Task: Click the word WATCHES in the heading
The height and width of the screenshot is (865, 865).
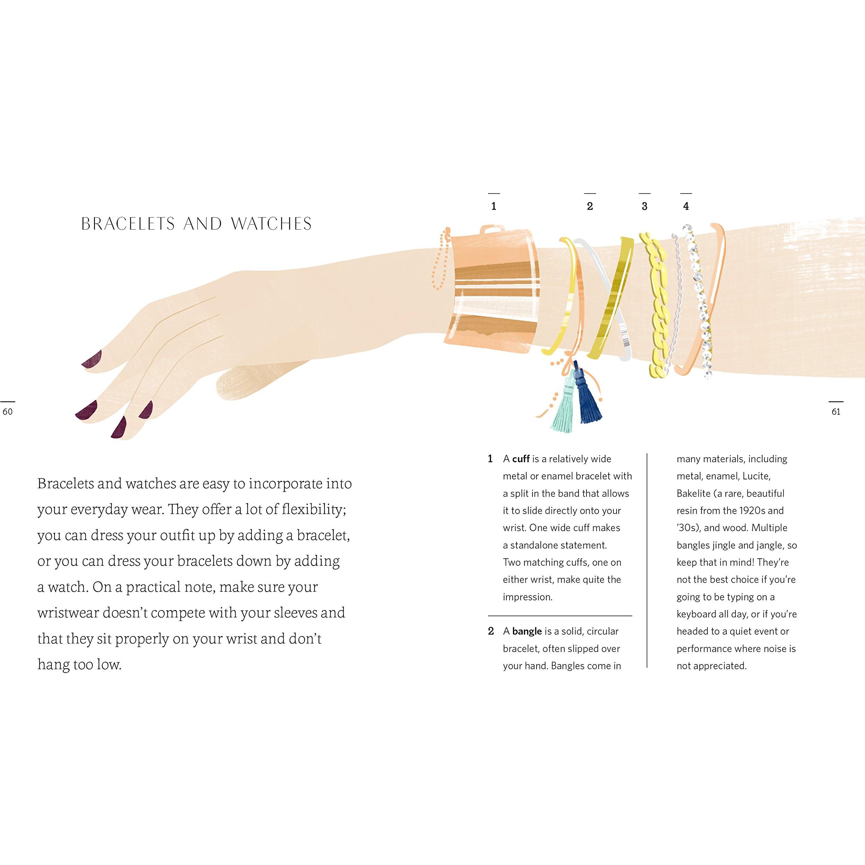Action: click(271, 224)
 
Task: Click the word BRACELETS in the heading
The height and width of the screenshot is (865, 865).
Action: click(128, 224)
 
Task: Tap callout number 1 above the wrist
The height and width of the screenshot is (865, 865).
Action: click(494, 206)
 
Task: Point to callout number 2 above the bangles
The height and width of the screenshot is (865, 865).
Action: click(590, 206)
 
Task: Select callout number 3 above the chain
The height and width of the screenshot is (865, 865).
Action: click(645, 206)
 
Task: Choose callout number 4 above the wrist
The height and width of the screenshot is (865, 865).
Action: click(686, 206)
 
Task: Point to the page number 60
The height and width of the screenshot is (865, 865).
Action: click(8, 412)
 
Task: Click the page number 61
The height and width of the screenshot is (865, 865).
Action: click(836, 412)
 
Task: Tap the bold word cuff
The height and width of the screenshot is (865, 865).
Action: click(521, 459)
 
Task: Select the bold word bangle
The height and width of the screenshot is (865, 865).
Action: click(527, 631)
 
